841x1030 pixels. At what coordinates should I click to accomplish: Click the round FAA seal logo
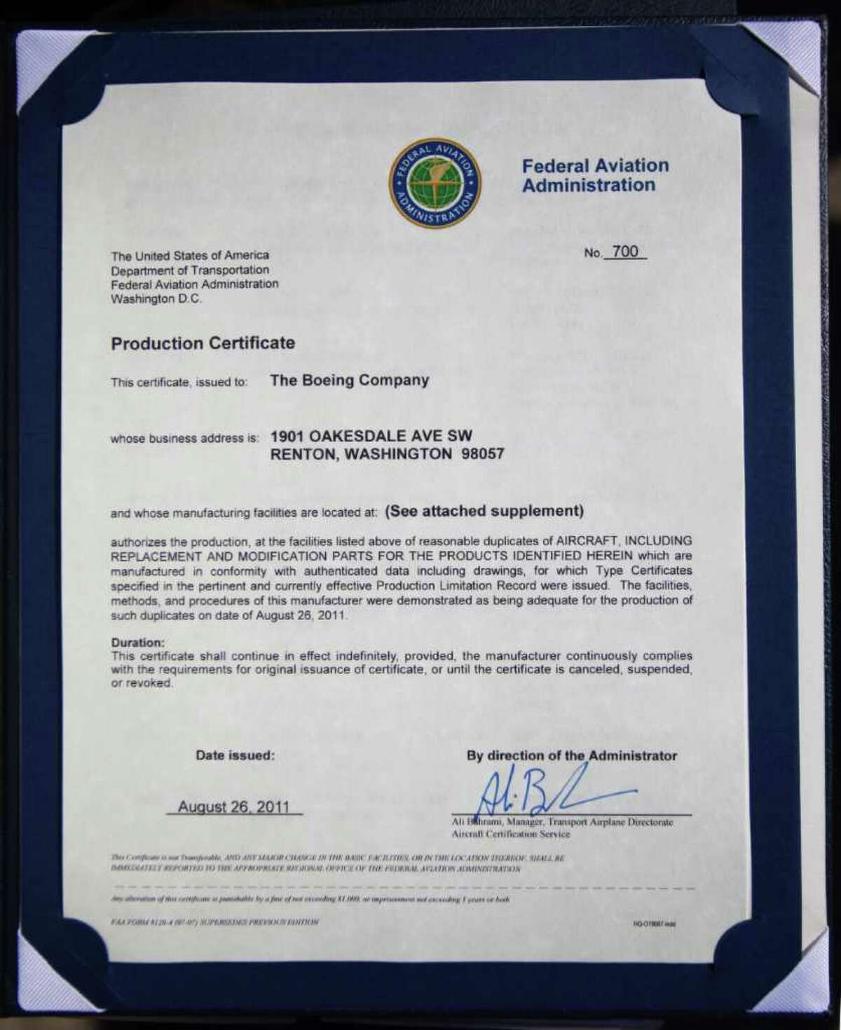pos(435,184)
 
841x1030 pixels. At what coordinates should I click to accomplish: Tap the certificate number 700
pos(625,252)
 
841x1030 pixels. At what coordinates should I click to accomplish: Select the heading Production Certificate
pos(203,343)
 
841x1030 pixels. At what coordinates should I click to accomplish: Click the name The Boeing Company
pos(349,380)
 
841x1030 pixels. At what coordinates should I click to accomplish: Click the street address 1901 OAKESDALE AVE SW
pos(371,437)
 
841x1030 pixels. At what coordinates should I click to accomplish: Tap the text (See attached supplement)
pos(484,511)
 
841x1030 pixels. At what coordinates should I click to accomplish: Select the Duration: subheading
pos(138,642)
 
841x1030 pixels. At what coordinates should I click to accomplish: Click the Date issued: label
pos(235,756)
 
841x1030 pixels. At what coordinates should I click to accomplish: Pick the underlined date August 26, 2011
pos(233,806)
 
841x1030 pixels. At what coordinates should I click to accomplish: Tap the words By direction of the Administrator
pos(572,756)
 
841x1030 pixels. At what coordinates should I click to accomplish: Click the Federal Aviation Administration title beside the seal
pos(595,175)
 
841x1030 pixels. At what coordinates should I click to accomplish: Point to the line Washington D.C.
pos(156,298)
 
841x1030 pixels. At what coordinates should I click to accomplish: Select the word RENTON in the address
pos(301,454)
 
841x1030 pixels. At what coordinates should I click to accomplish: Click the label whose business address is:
pos(185,439)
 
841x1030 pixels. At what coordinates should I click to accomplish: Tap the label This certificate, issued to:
pos(179,383)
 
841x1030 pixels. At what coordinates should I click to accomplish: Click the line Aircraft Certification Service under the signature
pos(511,834)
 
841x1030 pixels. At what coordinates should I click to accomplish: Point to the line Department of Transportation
pos(190,270)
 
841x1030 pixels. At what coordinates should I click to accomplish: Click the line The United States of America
pos(190,256)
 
